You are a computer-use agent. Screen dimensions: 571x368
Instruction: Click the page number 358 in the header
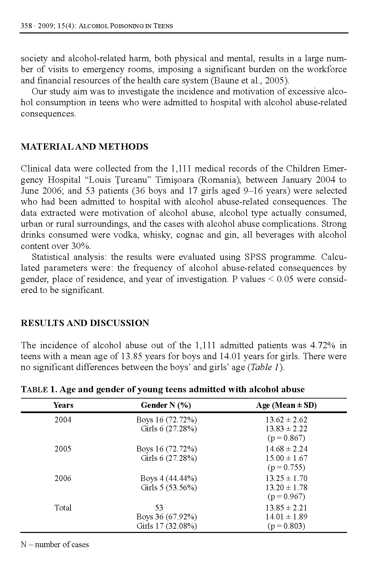tap(26, 26)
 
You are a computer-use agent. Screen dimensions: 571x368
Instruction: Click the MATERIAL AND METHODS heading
tap(84, 147)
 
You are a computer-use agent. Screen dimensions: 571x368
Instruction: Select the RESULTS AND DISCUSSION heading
tap(85, 323)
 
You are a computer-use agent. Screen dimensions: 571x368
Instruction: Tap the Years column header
tap(63, 405)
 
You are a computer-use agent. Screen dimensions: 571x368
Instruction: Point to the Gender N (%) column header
tap(166, 405)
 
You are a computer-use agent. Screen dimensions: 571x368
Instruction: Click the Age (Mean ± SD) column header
tap(286, 405)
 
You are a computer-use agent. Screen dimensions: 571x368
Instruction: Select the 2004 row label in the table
tap(63, 420)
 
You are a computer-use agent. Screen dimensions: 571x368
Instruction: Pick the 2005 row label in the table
tap(63, 449)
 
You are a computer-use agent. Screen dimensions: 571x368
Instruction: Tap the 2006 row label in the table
tap(63, 478)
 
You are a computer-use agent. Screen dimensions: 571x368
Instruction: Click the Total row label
tap(63, 508)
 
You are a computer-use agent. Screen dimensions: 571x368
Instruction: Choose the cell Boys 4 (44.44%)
tap(168, 478)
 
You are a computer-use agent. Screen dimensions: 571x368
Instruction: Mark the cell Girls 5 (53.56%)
tap(169, 488)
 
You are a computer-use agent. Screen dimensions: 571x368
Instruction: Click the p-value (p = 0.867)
tap(286, 438)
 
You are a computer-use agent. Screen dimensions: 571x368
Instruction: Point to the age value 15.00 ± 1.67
tap(286, 458)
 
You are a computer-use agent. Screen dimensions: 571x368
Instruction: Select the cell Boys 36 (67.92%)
tap(166, 517)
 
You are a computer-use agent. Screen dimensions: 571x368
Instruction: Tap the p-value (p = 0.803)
tap(286, 526)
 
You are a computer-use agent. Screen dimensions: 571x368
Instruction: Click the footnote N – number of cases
tap(55, 545)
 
